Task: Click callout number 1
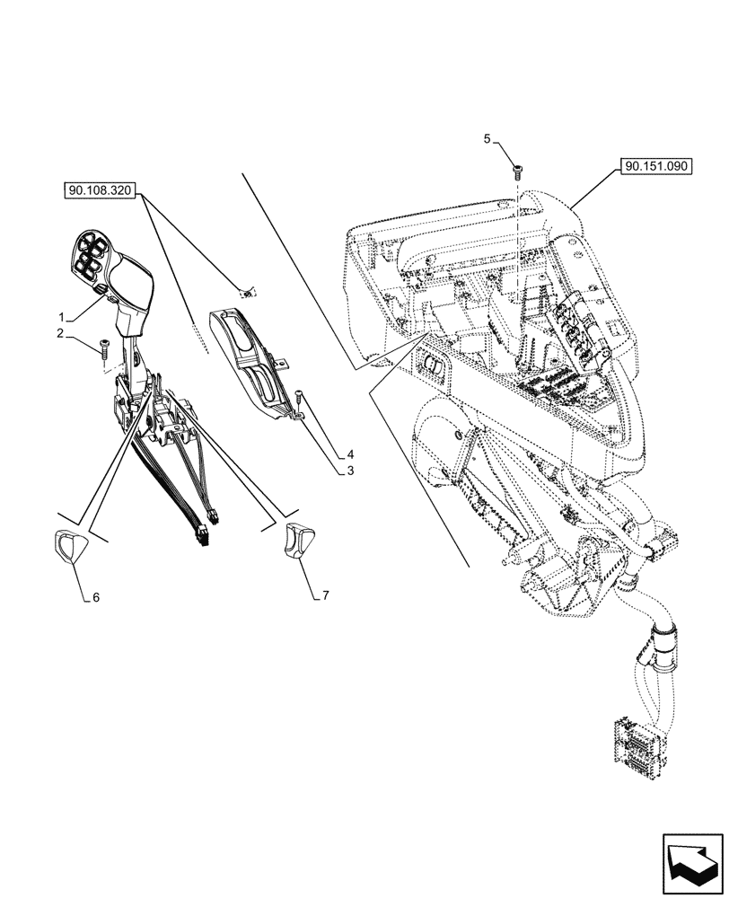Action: (61, 318)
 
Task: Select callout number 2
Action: (61, 334)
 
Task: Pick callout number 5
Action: (487, 139)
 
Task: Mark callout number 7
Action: (325, 594)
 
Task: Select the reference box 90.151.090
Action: (654, 167)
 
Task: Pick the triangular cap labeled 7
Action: (297, 541)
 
